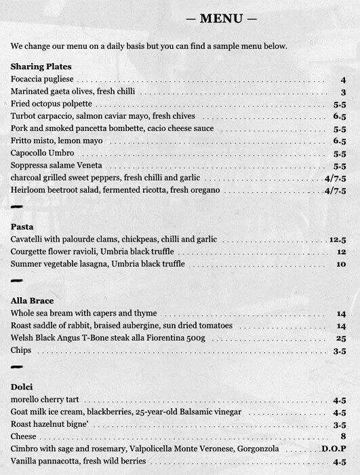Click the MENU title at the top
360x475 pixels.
[x=222, y=18]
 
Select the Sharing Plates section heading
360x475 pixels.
[x=41, y=66]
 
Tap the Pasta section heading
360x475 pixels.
[x=23, y=226]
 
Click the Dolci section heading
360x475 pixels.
[x=23, y=386]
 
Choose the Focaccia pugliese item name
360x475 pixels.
[x=43, y=80]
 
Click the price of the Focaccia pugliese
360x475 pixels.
[x=344, y=80]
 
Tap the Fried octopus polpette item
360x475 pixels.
[x=52, y=104]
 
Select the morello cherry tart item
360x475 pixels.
[x=45, y=400]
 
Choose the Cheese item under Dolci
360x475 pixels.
[x=24, y=436]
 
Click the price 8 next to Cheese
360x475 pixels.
[x=344, y=436]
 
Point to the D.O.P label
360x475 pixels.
[x=334, y=449]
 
